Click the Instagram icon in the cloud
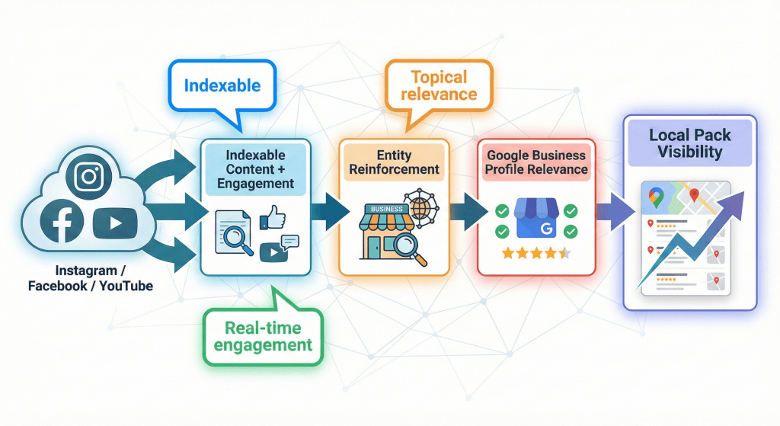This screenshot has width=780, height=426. click(x=89, y=177)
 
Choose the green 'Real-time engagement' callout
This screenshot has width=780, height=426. click(x=262, y=336)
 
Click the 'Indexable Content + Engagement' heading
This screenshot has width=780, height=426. click(x=255, y=169)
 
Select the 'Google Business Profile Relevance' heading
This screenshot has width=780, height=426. click(x=536, y=162)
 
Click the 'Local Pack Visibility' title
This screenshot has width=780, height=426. click(x=689, y=143)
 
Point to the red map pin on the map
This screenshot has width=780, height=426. click(x=694, y=195)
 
